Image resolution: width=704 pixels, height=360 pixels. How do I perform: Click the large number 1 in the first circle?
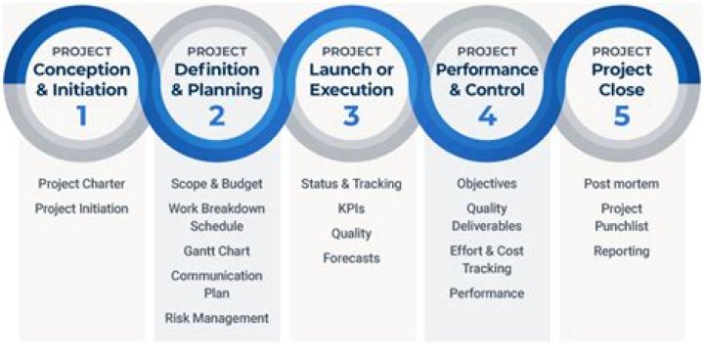click(x=81, y=116)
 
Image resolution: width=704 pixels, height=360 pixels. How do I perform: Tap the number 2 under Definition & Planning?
click(x=217, y=116)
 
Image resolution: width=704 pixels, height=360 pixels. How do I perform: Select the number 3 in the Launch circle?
click(x=351, y=116)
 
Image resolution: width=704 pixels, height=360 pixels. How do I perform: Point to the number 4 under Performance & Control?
click(x=486, y=116)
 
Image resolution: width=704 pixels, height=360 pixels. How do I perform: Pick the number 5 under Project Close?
click(x=620, y=116)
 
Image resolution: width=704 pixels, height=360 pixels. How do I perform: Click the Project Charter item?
click(x=81, y=183)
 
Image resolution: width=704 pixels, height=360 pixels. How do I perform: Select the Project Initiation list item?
click(x=81, y=208)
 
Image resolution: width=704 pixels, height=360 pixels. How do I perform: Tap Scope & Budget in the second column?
click(x=217, y=183)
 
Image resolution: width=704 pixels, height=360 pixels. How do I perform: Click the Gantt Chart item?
click(x=217, y=250)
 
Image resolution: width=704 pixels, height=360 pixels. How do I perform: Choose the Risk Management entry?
click(x=217, y=318)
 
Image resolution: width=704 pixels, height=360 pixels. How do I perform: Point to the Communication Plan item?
click(x=217, y=284)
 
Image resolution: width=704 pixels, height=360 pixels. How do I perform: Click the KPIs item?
click(x=351, y=208)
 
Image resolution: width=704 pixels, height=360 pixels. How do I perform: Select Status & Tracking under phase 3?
click(x=351, y=183)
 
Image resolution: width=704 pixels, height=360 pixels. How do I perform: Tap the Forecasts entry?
click(x=351, y=258)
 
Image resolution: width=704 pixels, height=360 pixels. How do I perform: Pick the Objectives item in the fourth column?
click(x=486, y=183)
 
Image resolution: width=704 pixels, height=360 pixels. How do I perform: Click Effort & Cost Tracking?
click(x=486, y=259)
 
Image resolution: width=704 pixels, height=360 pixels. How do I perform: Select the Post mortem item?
click(x=621, y=183)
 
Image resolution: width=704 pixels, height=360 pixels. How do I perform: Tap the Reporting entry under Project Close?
click(x=621, y=250)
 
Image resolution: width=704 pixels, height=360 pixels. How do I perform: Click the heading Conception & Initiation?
click(x=81, y=79)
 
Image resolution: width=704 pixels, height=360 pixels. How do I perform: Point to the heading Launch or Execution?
click(x=351, y=79)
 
